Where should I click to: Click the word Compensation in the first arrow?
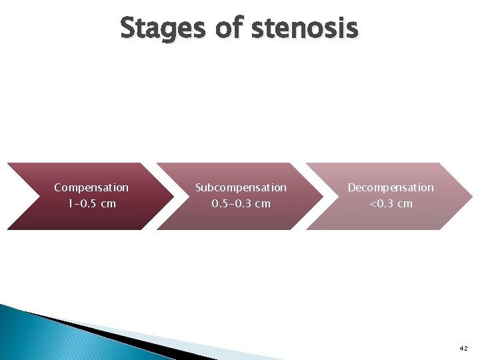point(91,188)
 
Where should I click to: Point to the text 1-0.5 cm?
point(91,203)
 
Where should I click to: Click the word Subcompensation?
point(241,188)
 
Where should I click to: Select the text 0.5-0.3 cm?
point(241,203)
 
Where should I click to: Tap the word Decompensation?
point(391,188)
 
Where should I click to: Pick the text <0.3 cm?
point(391,203)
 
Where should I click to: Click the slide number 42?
point(463,349)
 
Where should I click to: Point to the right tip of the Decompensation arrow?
point(470,196)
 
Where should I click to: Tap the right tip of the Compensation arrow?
point(171,196)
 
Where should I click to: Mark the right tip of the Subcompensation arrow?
point(321,196)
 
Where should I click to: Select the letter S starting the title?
point(128,29)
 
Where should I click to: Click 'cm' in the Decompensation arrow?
point(405,203)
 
